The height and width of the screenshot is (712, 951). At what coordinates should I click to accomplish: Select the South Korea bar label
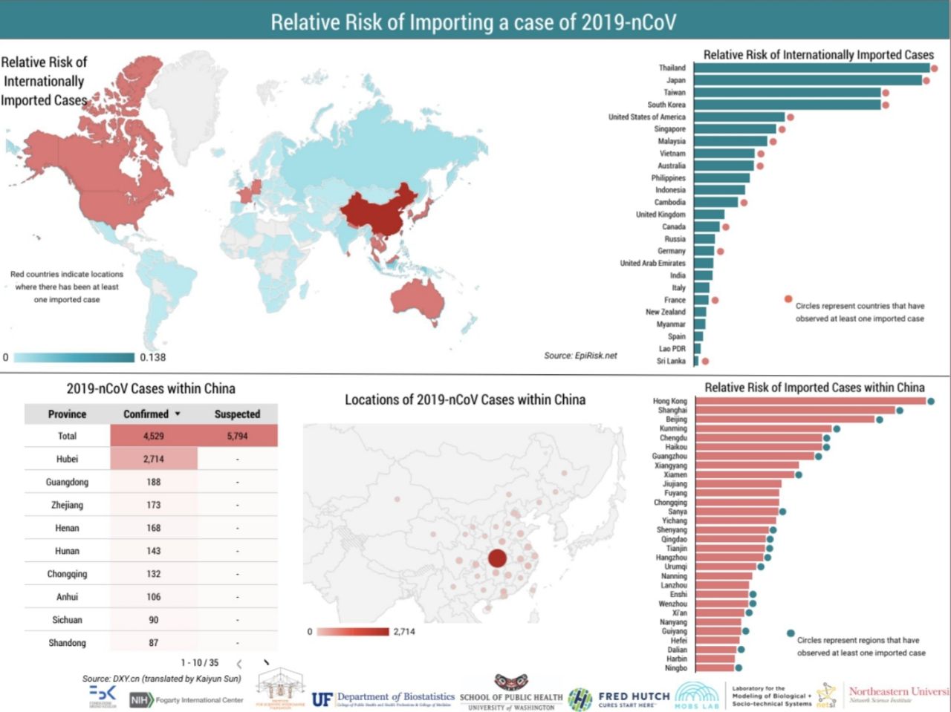666,105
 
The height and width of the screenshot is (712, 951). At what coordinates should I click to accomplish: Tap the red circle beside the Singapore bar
782,129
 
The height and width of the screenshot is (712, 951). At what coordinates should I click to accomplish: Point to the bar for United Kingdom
709,215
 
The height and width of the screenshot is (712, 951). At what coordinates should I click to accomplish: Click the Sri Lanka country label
671,361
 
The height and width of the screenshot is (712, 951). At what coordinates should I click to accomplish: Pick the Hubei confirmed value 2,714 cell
154,459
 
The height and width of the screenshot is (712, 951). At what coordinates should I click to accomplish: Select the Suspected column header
237,414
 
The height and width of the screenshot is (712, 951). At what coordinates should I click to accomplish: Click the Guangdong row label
67,482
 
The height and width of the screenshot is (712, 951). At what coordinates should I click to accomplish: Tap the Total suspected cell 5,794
237,436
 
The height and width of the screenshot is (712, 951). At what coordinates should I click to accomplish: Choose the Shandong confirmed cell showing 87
154,642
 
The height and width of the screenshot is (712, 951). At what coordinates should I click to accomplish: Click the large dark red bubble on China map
497,558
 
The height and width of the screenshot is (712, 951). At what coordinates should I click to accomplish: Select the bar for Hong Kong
811,401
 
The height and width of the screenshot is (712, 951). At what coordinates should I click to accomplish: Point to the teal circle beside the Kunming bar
837,428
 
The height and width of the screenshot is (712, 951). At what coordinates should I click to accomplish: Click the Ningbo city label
676,667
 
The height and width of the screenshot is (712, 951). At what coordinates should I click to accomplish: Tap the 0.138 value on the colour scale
153,357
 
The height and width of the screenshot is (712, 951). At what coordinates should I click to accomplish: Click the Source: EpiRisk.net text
580,356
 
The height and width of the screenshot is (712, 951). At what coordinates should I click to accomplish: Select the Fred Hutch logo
619,699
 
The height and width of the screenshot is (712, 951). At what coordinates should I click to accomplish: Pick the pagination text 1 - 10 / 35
200,662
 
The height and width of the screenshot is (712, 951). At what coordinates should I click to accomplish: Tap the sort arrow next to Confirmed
178,414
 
